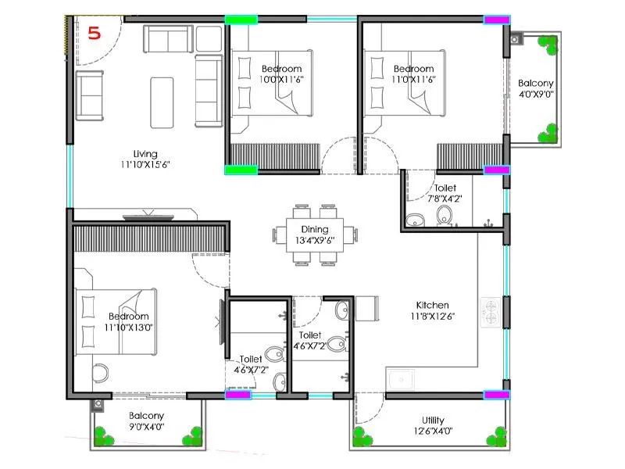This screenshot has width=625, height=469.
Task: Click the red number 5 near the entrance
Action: (x=95, y=34)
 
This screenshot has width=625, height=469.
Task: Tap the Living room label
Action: (x=145, y=154)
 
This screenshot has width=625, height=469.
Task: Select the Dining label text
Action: (x=316, y=230)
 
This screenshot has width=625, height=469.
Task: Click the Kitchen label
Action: (x=432, y=305)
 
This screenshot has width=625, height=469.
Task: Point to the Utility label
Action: (x=433, y=420)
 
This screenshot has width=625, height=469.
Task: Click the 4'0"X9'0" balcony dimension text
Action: (x=536, y=95)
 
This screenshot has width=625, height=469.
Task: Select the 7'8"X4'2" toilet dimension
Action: (x=445, y=199)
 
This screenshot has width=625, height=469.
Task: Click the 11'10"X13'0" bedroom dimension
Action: (x=129, y=328)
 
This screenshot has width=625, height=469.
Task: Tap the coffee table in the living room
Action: (x=162, y=102)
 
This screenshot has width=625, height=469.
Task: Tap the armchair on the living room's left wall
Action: (x=90, y=95)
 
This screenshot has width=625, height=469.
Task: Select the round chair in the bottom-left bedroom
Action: (x=100, y=372)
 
